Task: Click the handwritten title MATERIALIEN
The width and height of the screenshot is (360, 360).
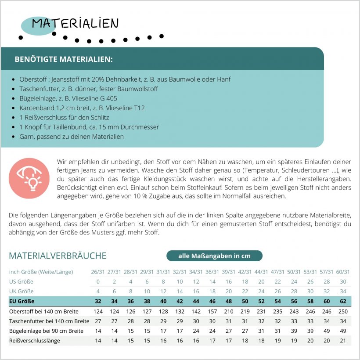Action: coord(75,23)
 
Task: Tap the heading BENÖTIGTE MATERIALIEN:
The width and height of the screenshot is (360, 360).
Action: coord(64,59)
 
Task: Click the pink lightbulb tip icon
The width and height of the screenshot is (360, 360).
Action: coord(29,178)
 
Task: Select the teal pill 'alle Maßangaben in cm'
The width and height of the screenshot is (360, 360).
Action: coord(214,256)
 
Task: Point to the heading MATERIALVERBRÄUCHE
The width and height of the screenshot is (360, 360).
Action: coord(58,256)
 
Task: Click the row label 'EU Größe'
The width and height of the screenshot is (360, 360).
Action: coord(22,301)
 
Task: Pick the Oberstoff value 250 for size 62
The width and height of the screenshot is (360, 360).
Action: coord(343,311)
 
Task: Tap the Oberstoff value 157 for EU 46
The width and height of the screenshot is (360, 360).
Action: coord(212,311)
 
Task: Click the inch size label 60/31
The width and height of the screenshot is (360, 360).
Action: coord(343,272)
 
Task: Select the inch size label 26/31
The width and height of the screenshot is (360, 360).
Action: coord(98,272)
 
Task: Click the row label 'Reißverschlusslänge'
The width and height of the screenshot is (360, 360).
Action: coord(35,340)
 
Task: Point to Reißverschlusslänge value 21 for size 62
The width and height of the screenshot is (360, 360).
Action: coord(343,340)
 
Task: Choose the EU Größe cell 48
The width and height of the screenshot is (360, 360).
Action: coord(228,301)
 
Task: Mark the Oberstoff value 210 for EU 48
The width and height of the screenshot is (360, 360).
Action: coord(228,311)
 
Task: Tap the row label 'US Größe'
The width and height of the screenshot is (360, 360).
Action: coord(21,281)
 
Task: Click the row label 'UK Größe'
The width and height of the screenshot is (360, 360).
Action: coord(21,292)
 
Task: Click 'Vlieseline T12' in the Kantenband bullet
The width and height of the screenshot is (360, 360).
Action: coord(126,108)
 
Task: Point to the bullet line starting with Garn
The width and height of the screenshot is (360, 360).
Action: coord(72,137)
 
